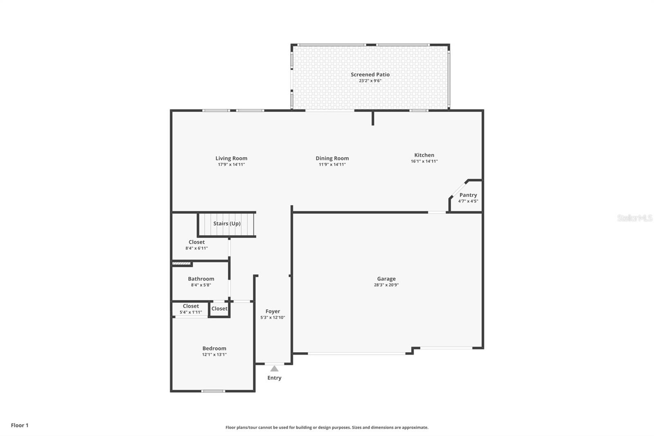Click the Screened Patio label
tap(370, 74)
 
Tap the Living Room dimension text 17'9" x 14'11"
tap(231, 164)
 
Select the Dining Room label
tap(332, 158)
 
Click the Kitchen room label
tap(424, 155)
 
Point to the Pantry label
tap(468, 195)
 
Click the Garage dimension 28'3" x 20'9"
tap(386, 285)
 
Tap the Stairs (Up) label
tap(227, 224)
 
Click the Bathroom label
tap(201, 279)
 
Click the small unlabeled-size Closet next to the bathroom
tap(219, 309)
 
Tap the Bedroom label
tap(214, 348)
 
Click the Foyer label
tap(273, 311)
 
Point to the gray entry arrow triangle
tap(274, 369)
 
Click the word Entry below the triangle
tap(274, 378)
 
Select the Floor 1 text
tap(20, 425)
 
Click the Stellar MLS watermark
tap(634, 218)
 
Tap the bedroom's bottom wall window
tap(213, 391)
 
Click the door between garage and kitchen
tap(437, 212)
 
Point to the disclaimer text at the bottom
tap(327, 427)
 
